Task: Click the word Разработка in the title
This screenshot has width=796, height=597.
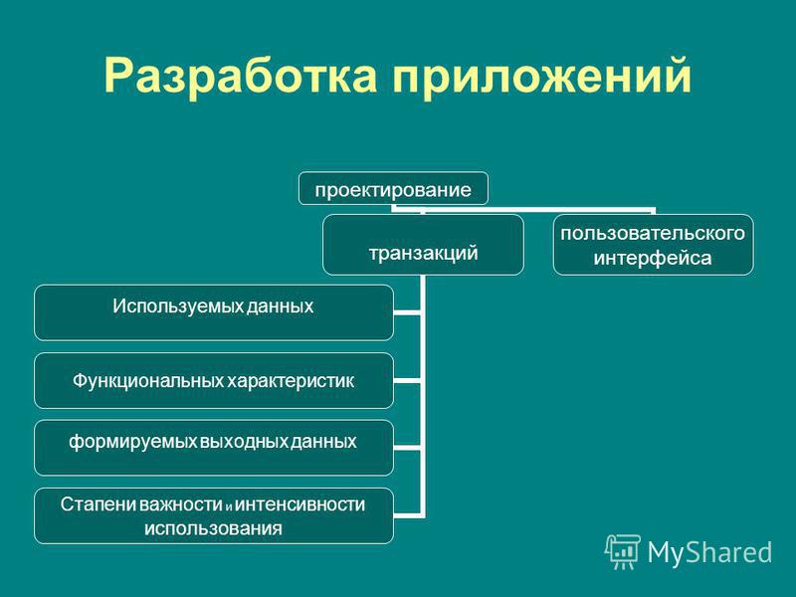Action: pos(240,77)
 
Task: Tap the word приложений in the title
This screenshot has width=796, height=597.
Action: pos(541,77)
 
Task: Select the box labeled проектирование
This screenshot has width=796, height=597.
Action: pos(393,188)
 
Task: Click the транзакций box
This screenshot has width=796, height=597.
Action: pos(423,245)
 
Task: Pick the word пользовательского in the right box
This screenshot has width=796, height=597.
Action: pos(653,234)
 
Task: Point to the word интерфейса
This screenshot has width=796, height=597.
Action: pos(653,258)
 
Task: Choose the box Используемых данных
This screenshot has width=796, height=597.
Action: pos(214,312)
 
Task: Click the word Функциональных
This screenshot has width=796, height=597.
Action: pos(147,381)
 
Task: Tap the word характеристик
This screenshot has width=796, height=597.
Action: pos(291,381)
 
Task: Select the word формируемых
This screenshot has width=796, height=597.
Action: pos(132,442)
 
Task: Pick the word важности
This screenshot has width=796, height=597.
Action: pos(181,504)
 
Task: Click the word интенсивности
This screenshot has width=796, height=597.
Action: pos(300,504)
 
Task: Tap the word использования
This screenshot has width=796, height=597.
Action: pos(213,528)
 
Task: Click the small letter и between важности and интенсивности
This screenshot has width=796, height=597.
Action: pos(229,506)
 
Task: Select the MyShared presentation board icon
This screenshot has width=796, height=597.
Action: pos(623,552)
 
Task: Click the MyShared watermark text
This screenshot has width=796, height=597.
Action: pos(709,552)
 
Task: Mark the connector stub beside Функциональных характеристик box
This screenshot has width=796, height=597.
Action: pos(407,380)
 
